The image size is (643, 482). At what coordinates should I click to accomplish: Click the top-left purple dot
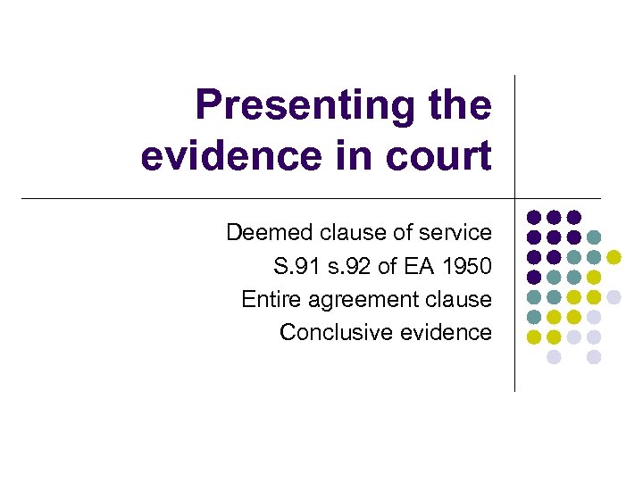coord(533,217)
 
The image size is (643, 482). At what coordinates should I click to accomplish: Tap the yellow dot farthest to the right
coord(614,257)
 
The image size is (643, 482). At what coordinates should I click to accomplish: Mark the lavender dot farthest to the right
coord(614,297)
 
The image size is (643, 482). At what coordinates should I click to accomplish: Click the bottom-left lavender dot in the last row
coord(554,357)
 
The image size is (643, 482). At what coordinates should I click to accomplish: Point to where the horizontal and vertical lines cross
coord(515,198)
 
